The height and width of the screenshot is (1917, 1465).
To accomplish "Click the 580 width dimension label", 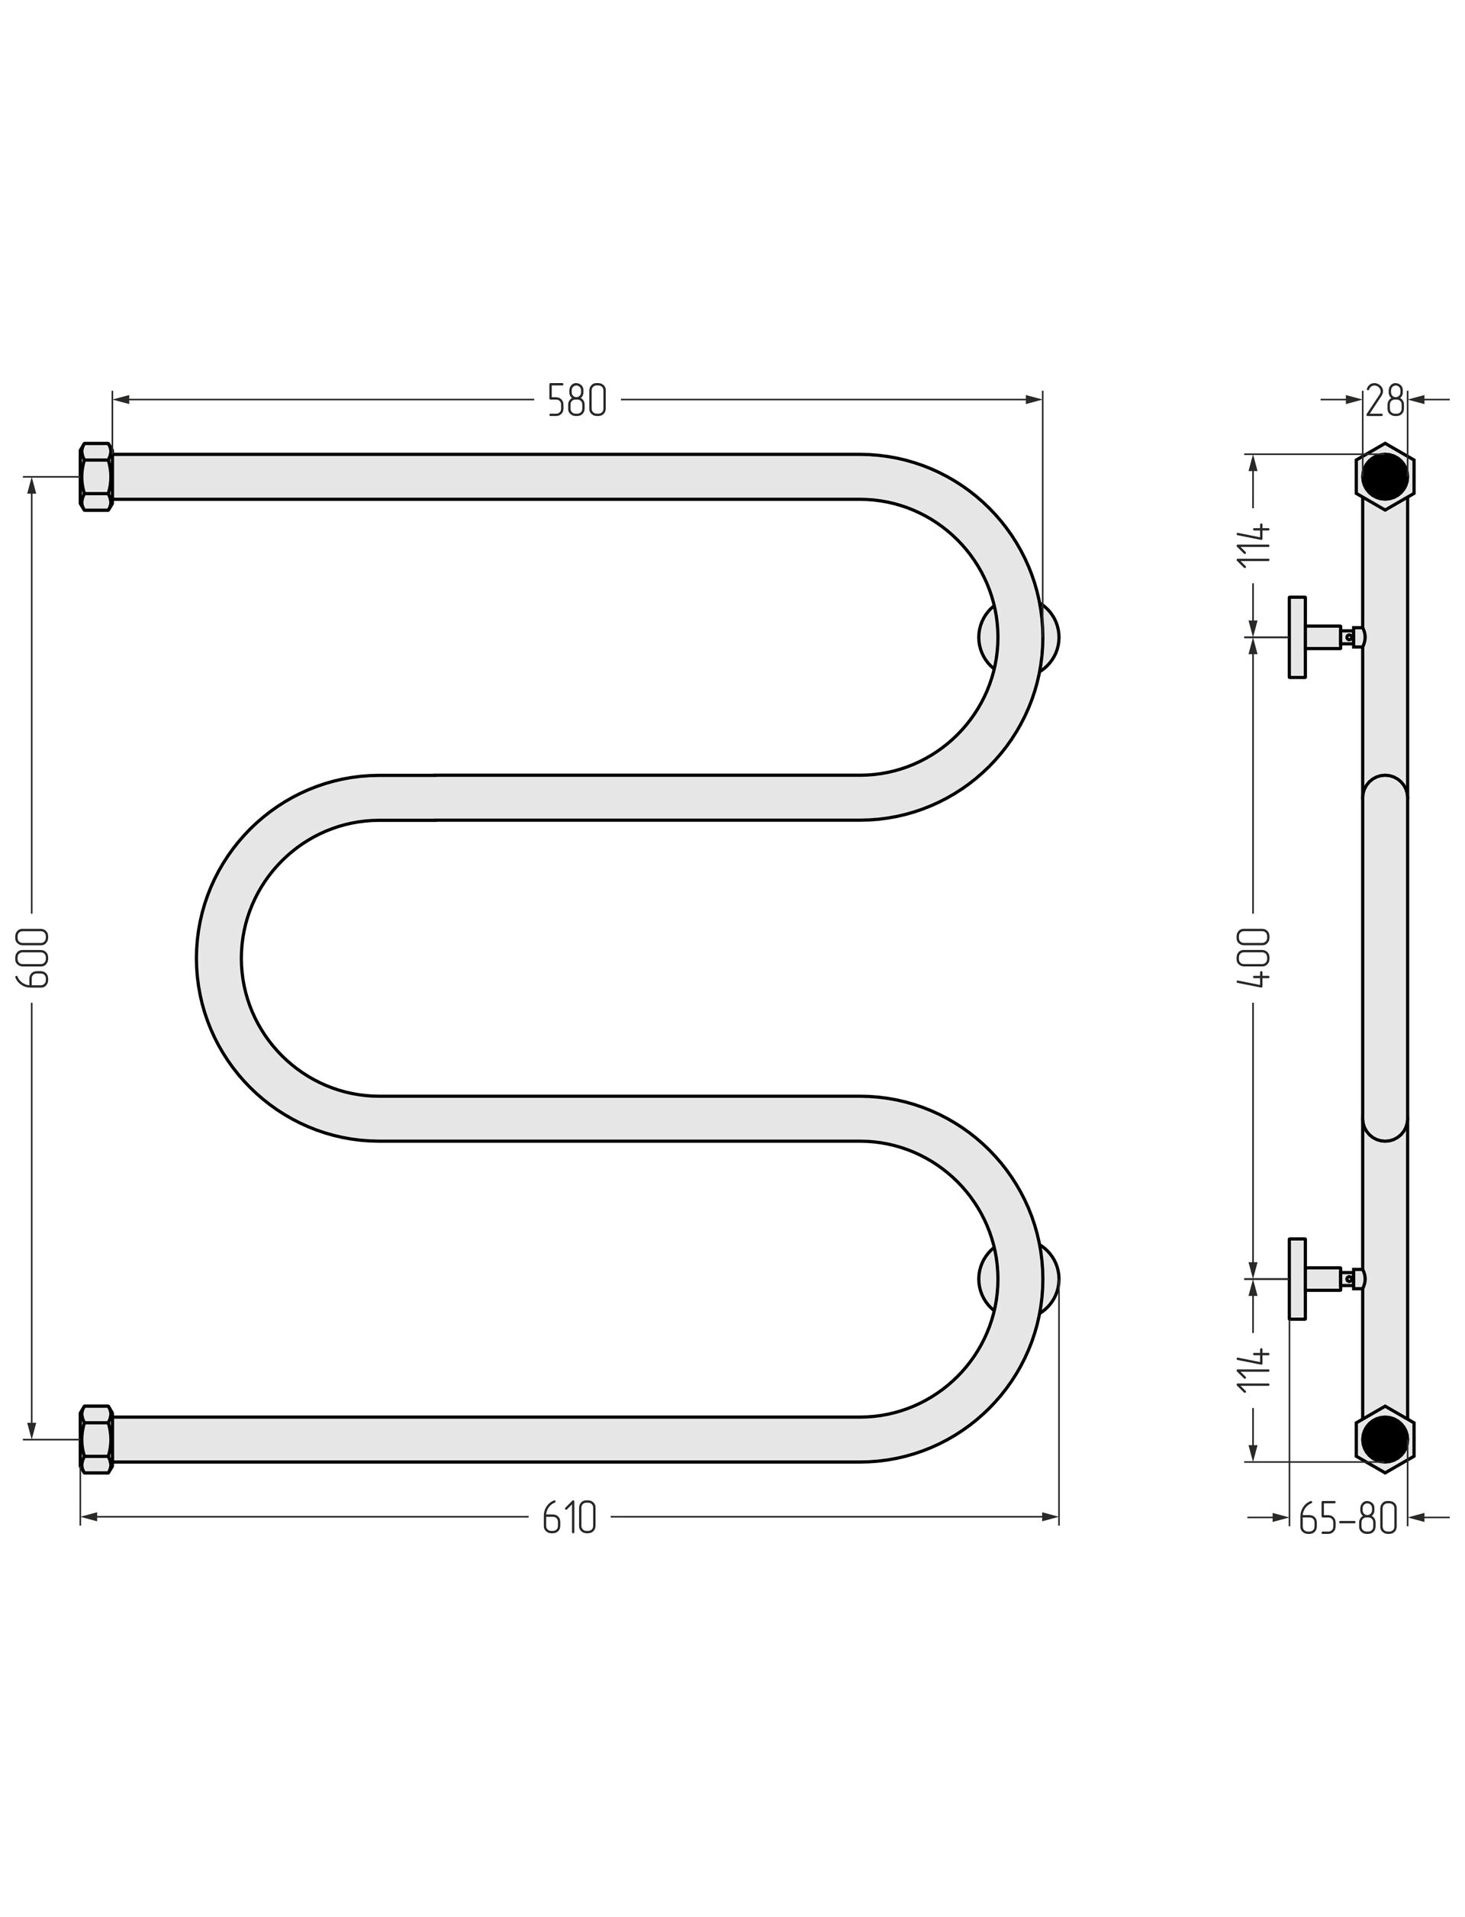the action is [x=576, y=401].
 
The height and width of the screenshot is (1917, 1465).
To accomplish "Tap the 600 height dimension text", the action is [x=33, y=958].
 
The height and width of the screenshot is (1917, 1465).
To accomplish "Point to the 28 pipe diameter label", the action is [x=1385, y=401].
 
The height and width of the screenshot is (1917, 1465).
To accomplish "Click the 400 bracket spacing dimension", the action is [x=1254, y=958].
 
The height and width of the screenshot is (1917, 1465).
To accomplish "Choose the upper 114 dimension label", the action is [x=1254, y=545].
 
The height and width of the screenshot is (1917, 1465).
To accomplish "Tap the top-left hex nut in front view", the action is [x=96, y=477].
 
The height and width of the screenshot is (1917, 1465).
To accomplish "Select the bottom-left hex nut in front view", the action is [x=96, y=1440].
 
